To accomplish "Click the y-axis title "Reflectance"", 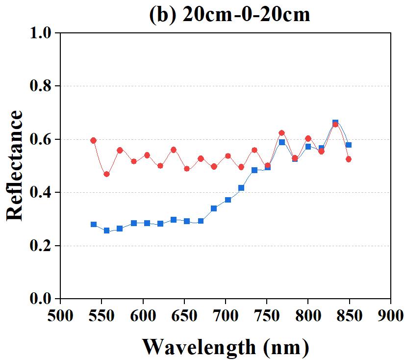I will (15, 165).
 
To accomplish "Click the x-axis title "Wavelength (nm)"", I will (226, 347).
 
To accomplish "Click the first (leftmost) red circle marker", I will (93, 140).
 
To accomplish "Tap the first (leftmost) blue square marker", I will (94, 224).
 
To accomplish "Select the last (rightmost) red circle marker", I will (349, 159).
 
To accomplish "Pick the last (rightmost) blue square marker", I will (348, 145).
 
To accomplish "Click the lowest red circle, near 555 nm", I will (106, 174).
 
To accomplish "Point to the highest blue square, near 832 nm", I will (335, 122).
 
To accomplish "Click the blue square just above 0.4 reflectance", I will (241, 188).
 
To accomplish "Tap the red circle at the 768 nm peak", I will (281, 133).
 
